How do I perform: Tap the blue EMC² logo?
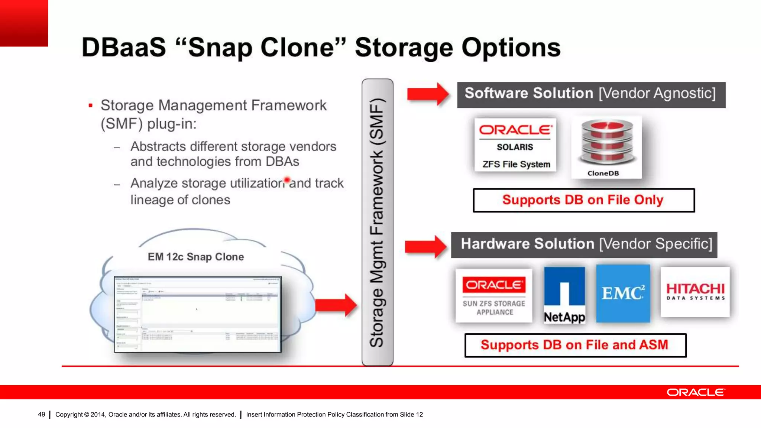coord(623,293)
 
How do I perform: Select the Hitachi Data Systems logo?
coord(695,292)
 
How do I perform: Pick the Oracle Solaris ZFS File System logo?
coord(515,145)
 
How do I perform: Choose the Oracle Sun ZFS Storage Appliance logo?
coord(494,296)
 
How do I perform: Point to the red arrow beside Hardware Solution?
coord(426,246)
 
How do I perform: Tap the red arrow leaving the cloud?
coord(336,305)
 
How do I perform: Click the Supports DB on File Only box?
coord(583,200)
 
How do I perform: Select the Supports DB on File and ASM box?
coord(575,345)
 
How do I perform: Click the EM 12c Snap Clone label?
coord(196,257)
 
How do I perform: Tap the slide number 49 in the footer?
coord(42,414)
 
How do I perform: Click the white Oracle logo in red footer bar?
coord(695,392)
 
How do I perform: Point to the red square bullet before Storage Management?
coord(90,106)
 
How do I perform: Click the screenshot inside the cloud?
coord(198,314)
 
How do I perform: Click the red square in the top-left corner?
coord(24,23)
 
